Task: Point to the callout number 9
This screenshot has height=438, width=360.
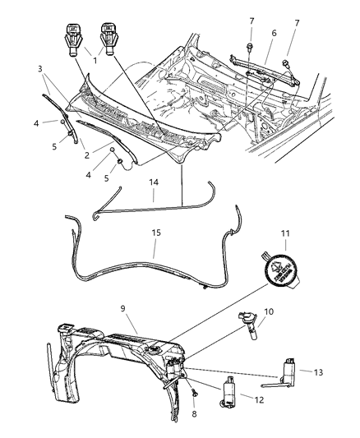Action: tap(123, 310)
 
